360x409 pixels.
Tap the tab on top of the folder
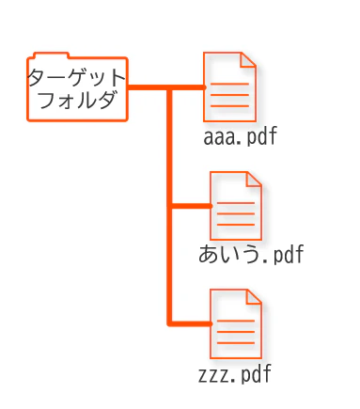[49, 55]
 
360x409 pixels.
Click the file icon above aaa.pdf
[230, 87]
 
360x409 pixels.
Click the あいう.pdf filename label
[251, 255]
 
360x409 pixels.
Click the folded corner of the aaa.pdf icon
[248, 60]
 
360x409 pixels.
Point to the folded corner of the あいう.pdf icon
[254, 180]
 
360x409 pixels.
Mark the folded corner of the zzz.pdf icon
[254, 297]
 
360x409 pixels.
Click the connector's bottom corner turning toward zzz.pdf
[169, 323]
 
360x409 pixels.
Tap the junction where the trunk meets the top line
[169, 87]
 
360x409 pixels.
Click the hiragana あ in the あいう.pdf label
[210, 255]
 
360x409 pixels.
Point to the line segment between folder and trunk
[148, 87]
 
